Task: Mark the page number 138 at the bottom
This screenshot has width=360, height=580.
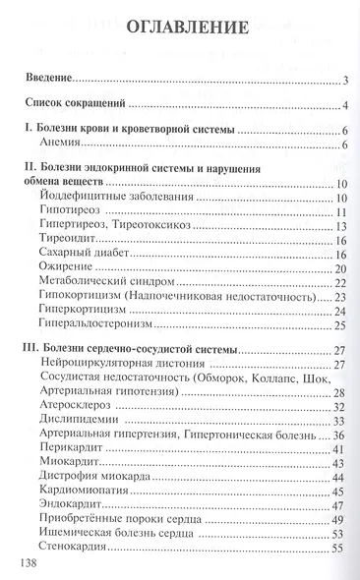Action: (33, 564)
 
